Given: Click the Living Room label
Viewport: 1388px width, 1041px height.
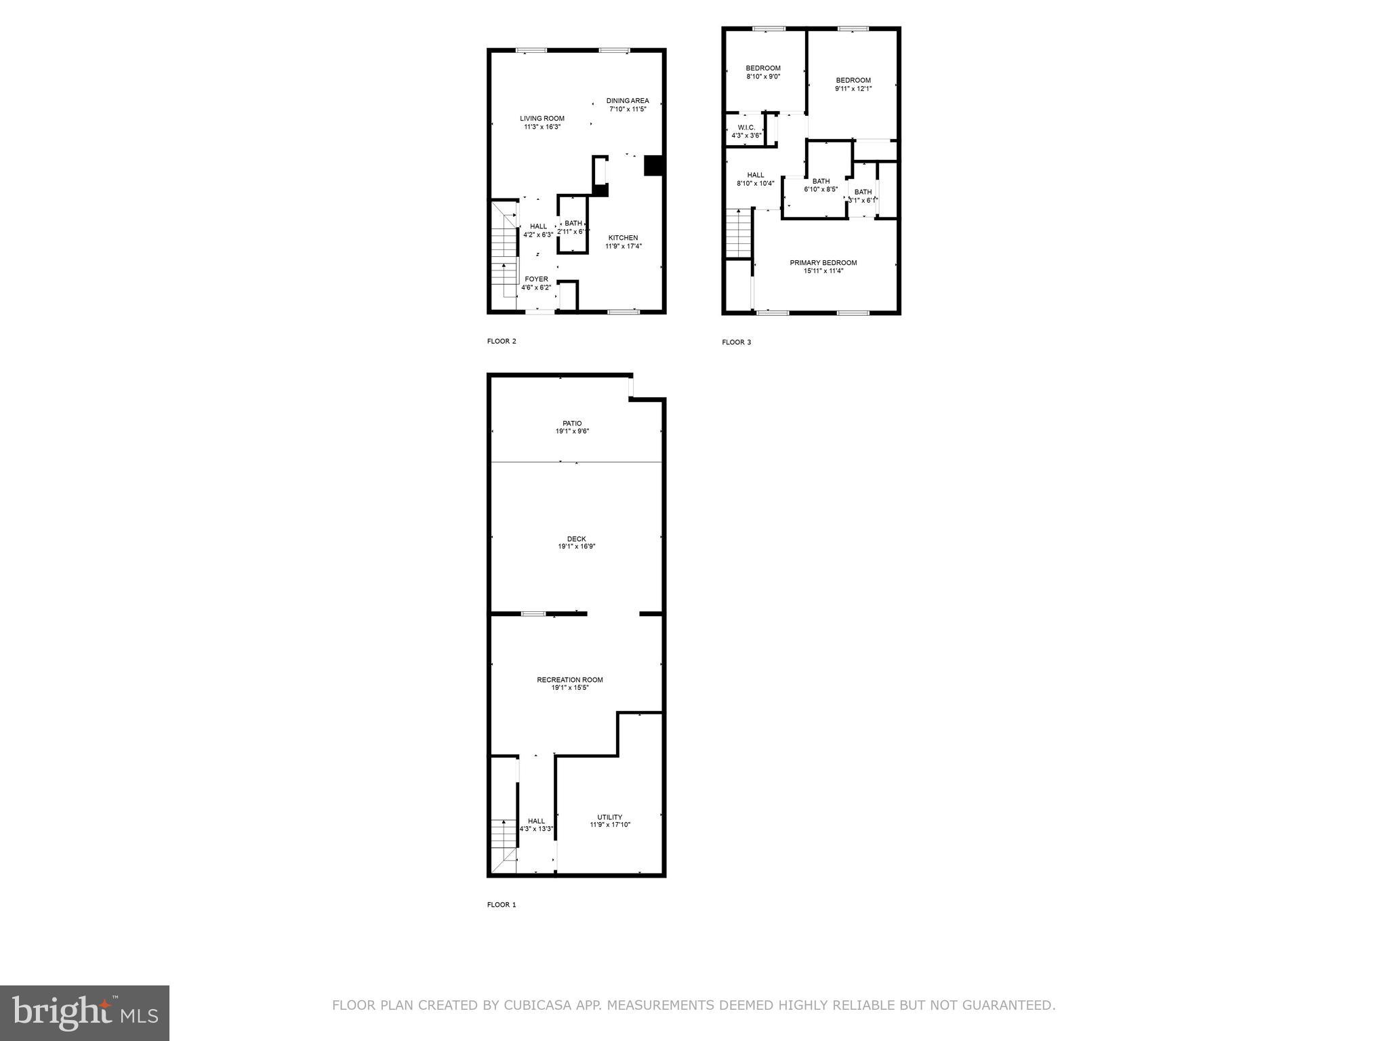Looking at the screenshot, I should pos(542,119).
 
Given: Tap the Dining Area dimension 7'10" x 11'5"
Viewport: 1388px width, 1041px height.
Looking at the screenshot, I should pos(628,109).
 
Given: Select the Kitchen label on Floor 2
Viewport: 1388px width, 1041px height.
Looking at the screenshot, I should pos(623,238).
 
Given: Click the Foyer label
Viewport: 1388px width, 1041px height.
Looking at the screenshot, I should pos(536,279).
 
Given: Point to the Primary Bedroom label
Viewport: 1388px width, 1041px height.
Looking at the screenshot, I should pos(823,263).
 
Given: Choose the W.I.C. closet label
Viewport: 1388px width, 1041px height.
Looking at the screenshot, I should pos(746,127).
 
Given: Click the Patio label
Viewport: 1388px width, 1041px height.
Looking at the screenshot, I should pos(572,424).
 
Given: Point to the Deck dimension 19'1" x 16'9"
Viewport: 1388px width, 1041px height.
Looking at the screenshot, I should pos(576,546).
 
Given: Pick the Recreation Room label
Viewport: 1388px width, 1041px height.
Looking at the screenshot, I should pos(569,680).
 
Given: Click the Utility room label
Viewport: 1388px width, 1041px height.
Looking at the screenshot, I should pos(609,817).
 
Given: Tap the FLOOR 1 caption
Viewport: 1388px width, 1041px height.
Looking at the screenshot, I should pos(502,905).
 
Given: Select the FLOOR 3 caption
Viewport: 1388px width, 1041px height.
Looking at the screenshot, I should pos(736,342).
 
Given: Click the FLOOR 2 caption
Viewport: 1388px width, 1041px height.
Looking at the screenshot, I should pos(502,341).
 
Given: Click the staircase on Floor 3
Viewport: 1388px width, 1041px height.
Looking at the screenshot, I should pos(739,233).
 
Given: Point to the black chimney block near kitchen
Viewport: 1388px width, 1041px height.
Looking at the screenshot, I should pos(653,166).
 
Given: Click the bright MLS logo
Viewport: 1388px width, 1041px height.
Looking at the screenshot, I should pos(85,1013).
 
